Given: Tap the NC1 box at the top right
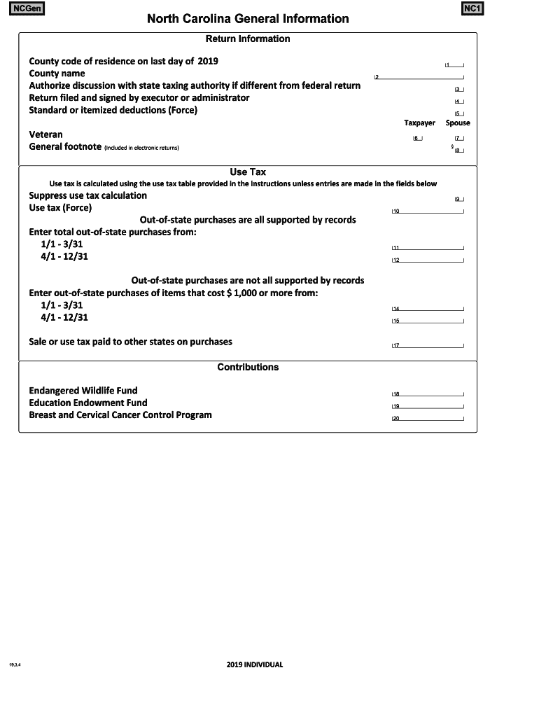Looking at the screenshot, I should coord(472,9).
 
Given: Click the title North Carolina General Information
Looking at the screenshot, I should coord(248,19).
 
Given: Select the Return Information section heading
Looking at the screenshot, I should coord(248,39).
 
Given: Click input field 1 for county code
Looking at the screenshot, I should coord(455,64).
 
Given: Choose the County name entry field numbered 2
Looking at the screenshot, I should coord(420,76).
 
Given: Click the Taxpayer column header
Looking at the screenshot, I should coord(419,123).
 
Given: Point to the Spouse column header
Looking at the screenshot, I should coord(458,123).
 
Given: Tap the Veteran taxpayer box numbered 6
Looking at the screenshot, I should coord(418,138).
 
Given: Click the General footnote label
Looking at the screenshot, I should coord(64,147).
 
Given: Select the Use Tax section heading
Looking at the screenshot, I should coord(248,172).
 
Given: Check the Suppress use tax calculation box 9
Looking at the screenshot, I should coord(459,199).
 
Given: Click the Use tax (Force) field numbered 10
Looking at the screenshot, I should coord(428,211).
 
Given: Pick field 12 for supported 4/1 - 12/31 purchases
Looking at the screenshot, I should coord(428,260).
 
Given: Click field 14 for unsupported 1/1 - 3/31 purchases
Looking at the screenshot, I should coord(428,308).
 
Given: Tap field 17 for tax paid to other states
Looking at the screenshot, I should coord(428,345).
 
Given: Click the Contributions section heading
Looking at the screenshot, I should coord(248,367).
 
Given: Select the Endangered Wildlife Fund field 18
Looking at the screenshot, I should coord(428,394).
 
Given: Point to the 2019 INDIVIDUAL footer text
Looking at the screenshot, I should coord(255,664).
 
